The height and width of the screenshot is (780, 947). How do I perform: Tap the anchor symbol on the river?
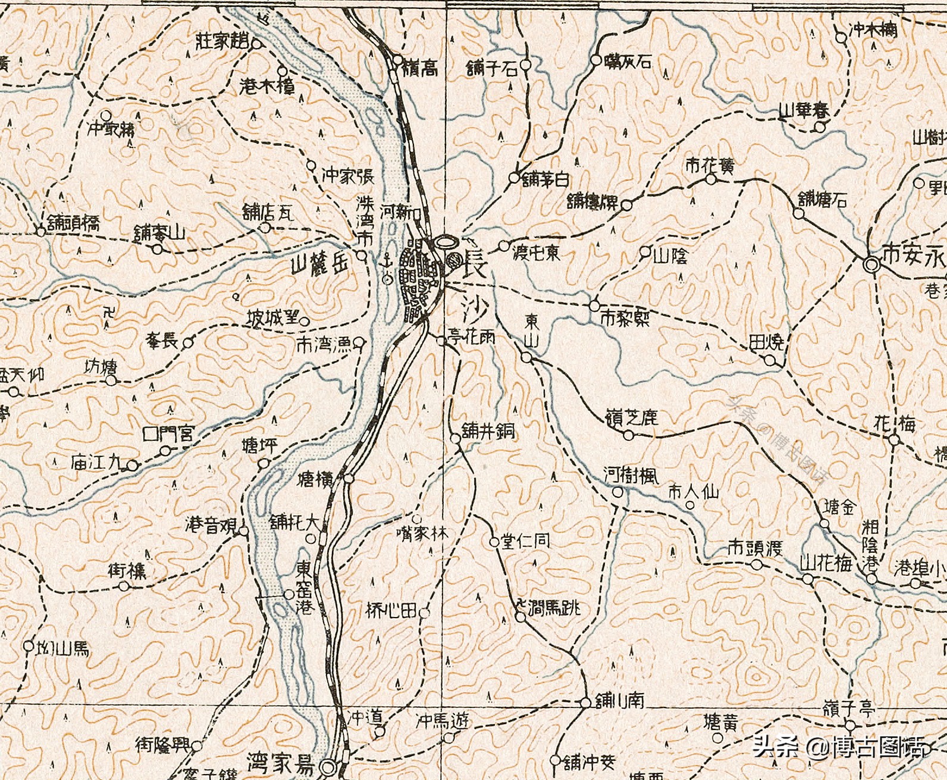[387, 260]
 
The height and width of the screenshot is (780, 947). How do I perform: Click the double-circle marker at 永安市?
[871, 264]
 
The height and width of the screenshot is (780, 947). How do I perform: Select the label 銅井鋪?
[488, 430]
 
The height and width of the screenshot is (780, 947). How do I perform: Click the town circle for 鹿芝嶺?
[629, 436]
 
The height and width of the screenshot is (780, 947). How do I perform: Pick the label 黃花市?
[709, 165]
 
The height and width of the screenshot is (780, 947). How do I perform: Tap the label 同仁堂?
[525, 540]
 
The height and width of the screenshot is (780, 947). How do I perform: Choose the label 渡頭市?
[754, 548]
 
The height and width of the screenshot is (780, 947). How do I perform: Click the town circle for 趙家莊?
[256, 43]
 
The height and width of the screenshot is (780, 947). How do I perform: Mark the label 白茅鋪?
[545, 178]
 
